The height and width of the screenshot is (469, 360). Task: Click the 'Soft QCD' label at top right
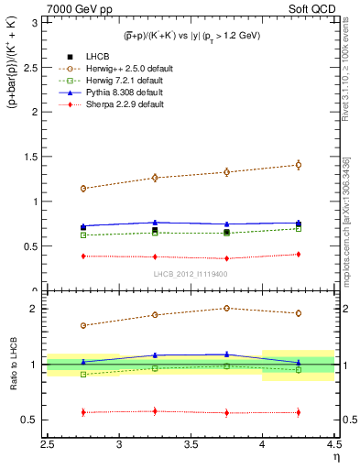pos(313,9)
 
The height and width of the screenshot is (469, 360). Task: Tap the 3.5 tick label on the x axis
pos(191,445)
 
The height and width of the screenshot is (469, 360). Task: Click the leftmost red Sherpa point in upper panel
pos(83,256)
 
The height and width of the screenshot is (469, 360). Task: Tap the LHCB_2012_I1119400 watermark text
pos(191,274)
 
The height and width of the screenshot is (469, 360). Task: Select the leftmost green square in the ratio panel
pos(83,374)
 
